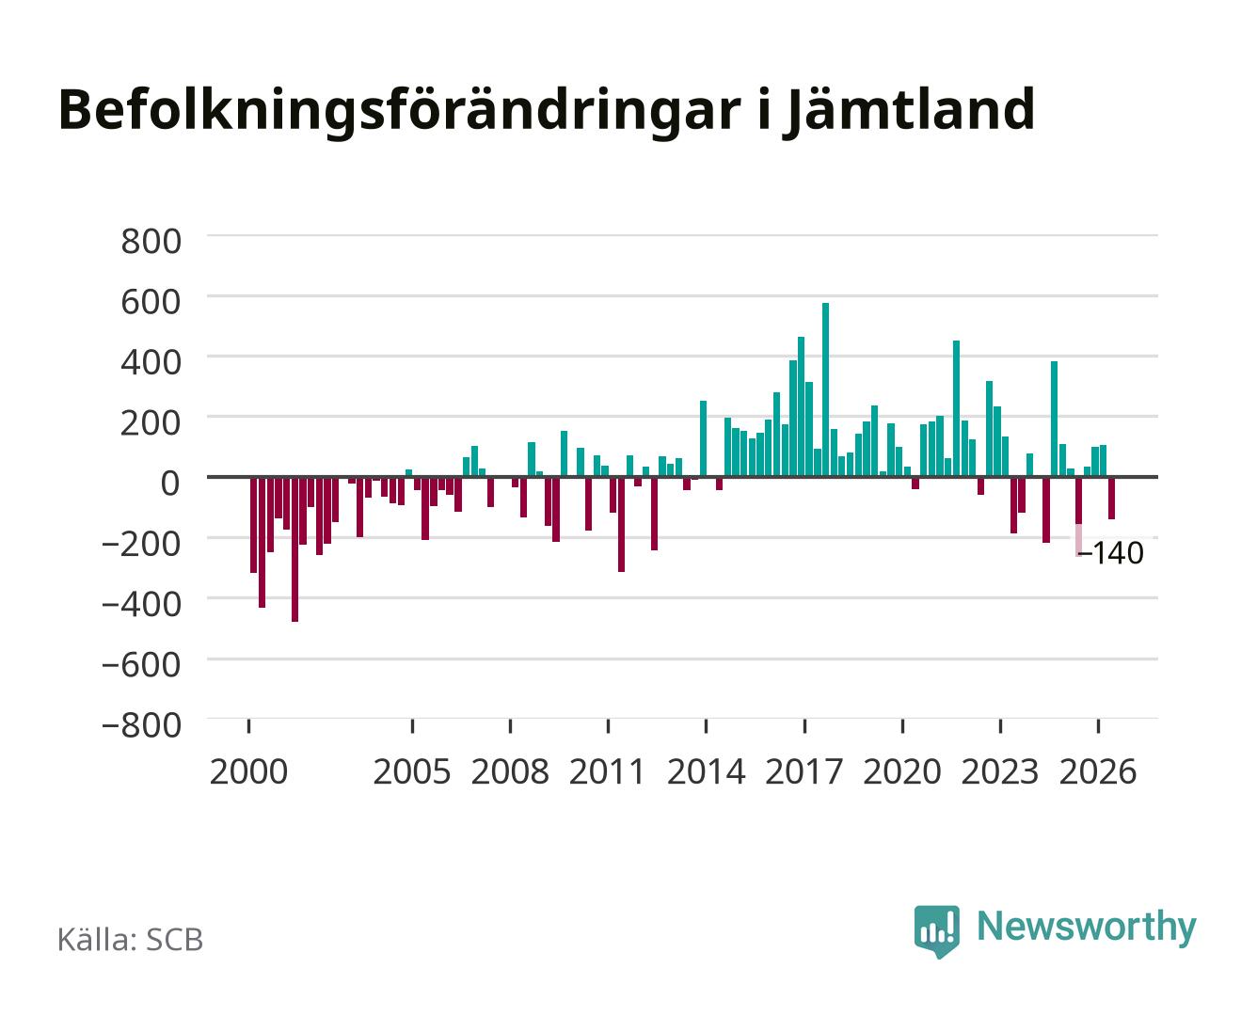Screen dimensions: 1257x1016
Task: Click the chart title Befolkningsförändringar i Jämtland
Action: [x=546, y=111]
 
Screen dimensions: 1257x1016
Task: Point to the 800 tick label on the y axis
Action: [x=151, y=242]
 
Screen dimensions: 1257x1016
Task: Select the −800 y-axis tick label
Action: [x=142, y=725]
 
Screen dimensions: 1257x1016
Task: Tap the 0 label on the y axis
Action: [x=170, y=484]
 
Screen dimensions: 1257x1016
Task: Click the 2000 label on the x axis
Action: [x=248, y=772]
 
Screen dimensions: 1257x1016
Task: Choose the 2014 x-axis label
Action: [x=707, y=772]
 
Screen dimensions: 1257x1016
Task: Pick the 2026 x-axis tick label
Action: [x=1098, y=772]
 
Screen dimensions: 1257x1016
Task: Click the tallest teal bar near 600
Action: [x=825, y=389]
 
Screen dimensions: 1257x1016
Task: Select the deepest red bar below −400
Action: [x=294, y=548]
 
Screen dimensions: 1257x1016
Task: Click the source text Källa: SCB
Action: [x=131, y=939]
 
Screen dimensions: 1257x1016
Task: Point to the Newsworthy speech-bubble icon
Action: [x=936, y=930]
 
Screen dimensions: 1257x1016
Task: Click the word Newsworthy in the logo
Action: [x=1087, y=928]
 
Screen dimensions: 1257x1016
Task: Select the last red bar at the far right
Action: [x=1111, y=498]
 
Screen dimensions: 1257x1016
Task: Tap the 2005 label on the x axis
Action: [x=412, y=772]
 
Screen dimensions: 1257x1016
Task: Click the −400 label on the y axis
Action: [x=142, y=604]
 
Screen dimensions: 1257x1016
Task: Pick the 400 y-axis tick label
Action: [x=151, y=362]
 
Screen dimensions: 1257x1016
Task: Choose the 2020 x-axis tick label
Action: [x=901, y=772]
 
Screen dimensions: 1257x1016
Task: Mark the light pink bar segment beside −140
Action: [x=1079, y=540]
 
